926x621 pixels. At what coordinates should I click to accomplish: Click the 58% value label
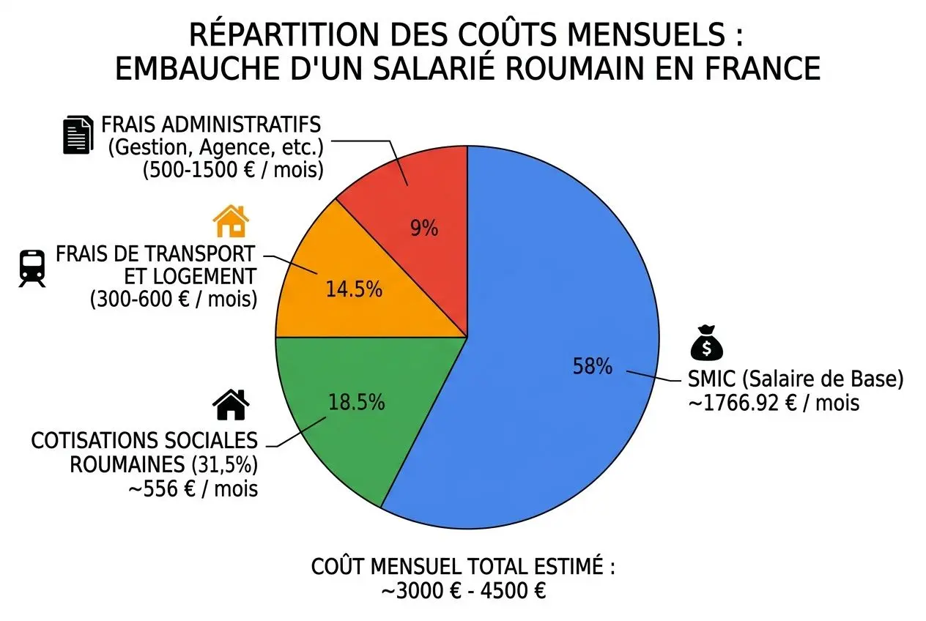pyautogui.click(x=592, y=366)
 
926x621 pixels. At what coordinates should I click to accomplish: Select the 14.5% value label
pyautogui.click(x=354, y=289)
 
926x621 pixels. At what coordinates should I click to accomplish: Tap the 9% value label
pyautogui.click(x=423, y=229)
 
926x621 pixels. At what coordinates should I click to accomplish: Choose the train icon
pyautogui.click(x=32, y=267)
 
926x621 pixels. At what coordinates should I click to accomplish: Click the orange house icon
pyautogui.click(x=230, y=220)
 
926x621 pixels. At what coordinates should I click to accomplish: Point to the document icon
pyautogui.click(x=78, y=135)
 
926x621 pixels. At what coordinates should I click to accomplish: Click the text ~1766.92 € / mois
pyautogui.click(x=774, y=403)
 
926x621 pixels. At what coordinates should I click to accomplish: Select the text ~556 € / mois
pyautogui.click(x=193, y=488)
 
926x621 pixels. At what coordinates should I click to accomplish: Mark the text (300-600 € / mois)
pyautogui.click(x=173, y=300)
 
